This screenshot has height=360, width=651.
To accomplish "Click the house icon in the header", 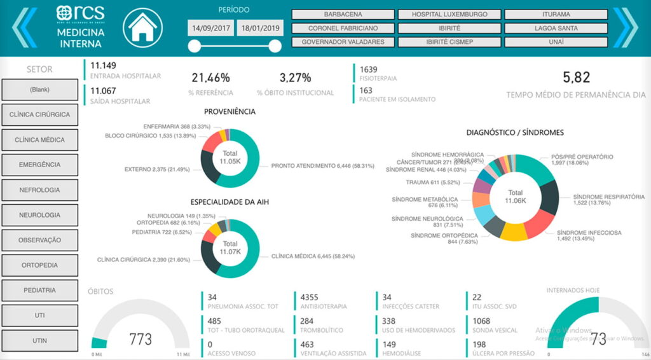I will point(143,28).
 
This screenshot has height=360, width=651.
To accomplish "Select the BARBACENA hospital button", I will point(343,14).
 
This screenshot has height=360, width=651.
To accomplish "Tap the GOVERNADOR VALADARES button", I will point(343,42).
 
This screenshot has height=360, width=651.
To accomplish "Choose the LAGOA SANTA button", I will point(556,28).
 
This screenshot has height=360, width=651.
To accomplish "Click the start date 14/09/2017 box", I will point(210,28).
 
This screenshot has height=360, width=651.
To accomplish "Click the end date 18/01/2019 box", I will point(259,28).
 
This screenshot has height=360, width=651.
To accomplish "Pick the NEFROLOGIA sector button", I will point(39,190).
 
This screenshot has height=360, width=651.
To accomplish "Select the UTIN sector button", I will point(39,341).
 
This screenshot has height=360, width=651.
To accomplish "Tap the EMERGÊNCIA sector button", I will point(39,165).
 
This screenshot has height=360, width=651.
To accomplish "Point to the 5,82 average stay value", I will point(576,78).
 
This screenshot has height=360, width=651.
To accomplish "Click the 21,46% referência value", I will point(210,78).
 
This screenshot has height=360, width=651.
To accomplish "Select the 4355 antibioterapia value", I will point(310,297).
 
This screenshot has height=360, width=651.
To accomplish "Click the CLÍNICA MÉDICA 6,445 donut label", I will point(313,256).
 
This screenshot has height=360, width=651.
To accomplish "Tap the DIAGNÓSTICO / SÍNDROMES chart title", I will point(515,133).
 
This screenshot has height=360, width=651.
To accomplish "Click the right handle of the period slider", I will point(275,46).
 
